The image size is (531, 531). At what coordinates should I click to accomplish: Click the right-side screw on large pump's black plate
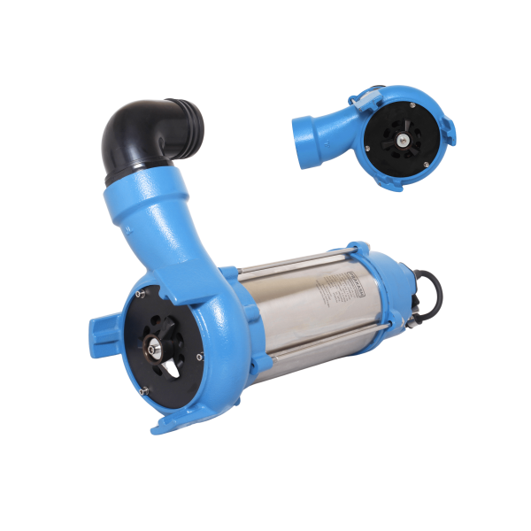pos(200,357)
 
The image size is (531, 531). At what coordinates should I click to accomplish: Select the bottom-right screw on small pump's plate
pos(427,165)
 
